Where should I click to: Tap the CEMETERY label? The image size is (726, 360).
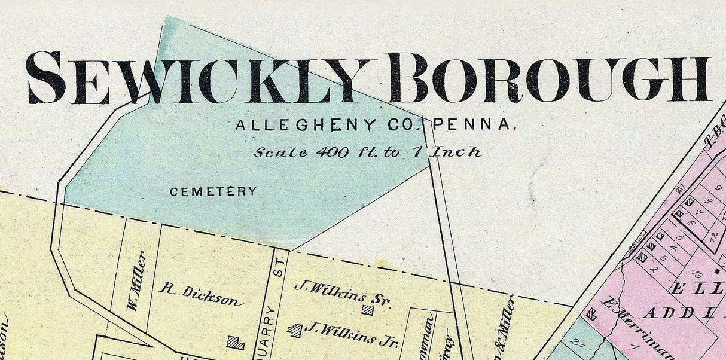[213, 192]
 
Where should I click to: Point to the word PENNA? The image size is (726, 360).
[475, 126]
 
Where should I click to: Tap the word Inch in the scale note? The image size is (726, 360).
[457, 152]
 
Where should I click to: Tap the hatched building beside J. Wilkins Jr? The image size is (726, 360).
[294, 330]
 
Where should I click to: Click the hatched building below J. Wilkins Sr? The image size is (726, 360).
[368, 310]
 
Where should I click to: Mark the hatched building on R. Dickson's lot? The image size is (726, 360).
[236, 343]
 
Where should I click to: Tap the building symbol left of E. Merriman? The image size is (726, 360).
[592, 313]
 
